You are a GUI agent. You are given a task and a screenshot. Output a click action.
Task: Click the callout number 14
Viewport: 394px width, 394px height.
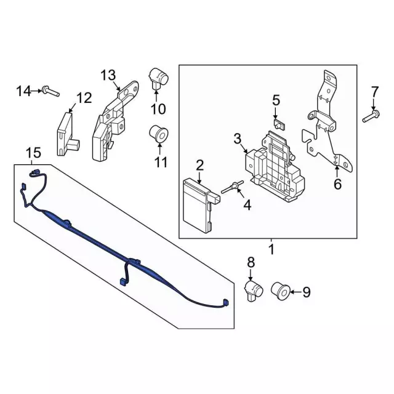[23, 91]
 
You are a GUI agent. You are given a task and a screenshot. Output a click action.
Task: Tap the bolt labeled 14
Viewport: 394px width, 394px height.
[50, 91]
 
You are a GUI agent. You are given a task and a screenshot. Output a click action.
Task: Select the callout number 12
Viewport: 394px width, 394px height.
[84, 98]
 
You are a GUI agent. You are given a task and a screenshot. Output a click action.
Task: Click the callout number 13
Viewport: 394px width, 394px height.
[108, 75]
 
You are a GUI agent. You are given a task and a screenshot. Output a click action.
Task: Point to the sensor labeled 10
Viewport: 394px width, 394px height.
[158, 79]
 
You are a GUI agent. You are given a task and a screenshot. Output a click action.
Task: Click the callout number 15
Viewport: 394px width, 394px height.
[34, 153]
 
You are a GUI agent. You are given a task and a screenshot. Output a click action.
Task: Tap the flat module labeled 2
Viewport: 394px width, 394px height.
[200, 205]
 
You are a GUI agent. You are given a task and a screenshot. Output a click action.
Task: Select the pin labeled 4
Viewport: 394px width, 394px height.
[231, 187]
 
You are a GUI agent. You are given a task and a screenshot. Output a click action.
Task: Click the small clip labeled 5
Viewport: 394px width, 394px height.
[278, 124]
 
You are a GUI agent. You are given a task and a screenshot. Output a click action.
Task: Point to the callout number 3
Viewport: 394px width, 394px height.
[237, 139]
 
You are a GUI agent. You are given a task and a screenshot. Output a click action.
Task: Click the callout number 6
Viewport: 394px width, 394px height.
[337, 184]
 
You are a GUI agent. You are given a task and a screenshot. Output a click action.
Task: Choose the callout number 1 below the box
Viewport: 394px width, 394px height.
[271, 249]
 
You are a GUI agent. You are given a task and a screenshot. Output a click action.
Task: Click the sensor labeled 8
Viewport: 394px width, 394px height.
[254, 291]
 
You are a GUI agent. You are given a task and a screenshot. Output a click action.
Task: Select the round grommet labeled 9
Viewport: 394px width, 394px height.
[281, 291]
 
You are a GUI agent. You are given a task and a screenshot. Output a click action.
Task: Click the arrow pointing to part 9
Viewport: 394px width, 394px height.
[296, 292]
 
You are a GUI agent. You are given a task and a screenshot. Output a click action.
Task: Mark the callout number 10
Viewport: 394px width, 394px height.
[158, 109]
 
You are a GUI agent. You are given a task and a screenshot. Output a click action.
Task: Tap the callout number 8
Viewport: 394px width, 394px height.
[251, 262]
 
